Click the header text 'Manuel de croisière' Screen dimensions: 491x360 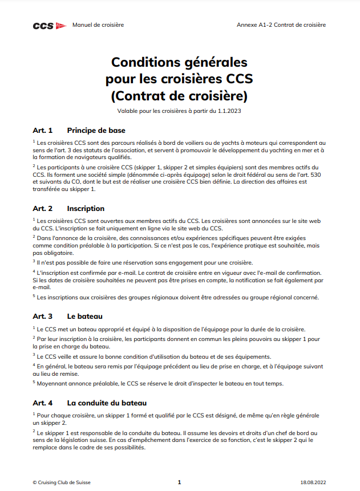pyautogui.click(x=98, y=25)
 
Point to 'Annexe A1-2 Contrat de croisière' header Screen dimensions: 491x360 pyautogui.click(x=281, y=25)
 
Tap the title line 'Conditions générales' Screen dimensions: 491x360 pyautogui.click(x=179, y=62)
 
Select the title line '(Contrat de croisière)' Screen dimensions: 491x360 pyautogui.click(x=179, y=94)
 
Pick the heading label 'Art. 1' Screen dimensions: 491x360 pyautogui.click(x=43, y=130)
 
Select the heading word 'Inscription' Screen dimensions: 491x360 pyautogui.click(x=86, y=209)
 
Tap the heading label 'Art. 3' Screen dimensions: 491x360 pyautogui.click(x=43, y=316)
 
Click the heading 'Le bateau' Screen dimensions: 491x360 pyautogui.click(x=84, y=316)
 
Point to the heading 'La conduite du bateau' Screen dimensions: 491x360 pyautogui.click(x=107, y=403)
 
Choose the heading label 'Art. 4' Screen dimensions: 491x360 pyautogui.click(x=43, y=403)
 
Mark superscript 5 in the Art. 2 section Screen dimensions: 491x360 pyautogui.click(x=34, y=295)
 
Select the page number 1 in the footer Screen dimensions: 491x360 pyautogui.click(x=179, y=482)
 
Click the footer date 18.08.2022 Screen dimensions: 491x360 pyautogui.click(x=313, y=482)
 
